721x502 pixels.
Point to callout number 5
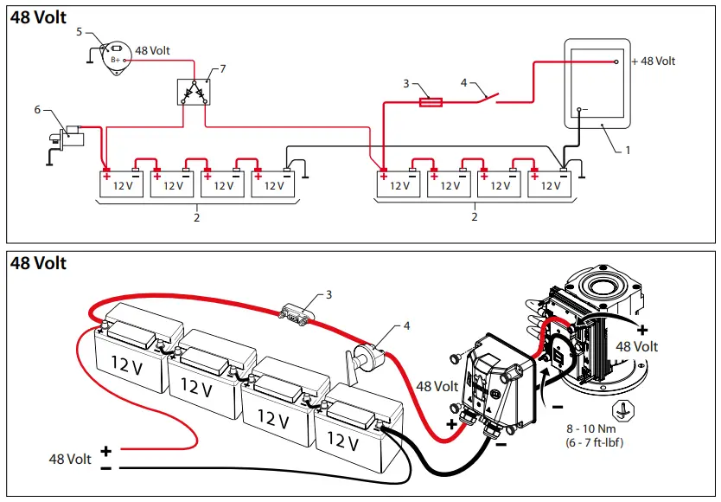tap(80, 32)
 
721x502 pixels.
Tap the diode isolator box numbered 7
tap(194, 91)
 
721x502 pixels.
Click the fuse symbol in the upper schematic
tap(431, 101)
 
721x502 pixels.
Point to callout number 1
tap(628, 150)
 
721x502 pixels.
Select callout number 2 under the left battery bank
tap(197, 216)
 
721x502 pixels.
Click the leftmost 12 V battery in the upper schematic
tap(122, 184)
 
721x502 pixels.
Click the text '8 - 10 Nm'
tap(590, 429)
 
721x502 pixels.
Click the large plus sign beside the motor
tap(642, 330)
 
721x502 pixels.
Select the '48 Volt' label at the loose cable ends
tap(69, 459)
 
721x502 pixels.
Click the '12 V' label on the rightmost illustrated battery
tap(343, 443)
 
